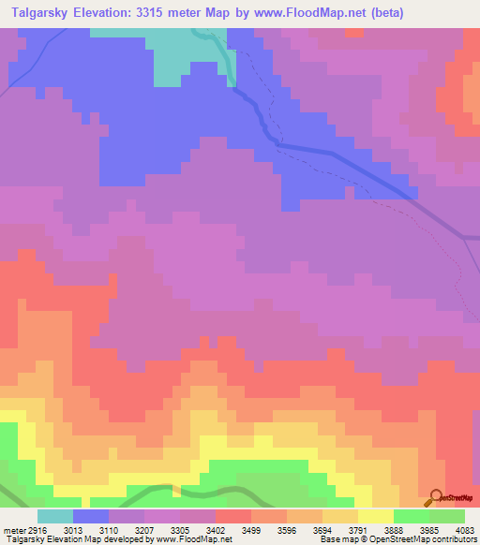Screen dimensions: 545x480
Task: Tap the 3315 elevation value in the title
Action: (161, 14)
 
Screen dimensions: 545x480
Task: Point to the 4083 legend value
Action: (463, 530)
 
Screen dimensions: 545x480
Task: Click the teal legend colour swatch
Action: (55, 516)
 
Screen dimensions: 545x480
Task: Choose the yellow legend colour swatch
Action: (375, 516)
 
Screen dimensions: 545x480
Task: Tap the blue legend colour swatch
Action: (91, 516)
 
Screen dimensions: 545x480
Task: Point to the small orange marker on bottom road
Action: (176, 489)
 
